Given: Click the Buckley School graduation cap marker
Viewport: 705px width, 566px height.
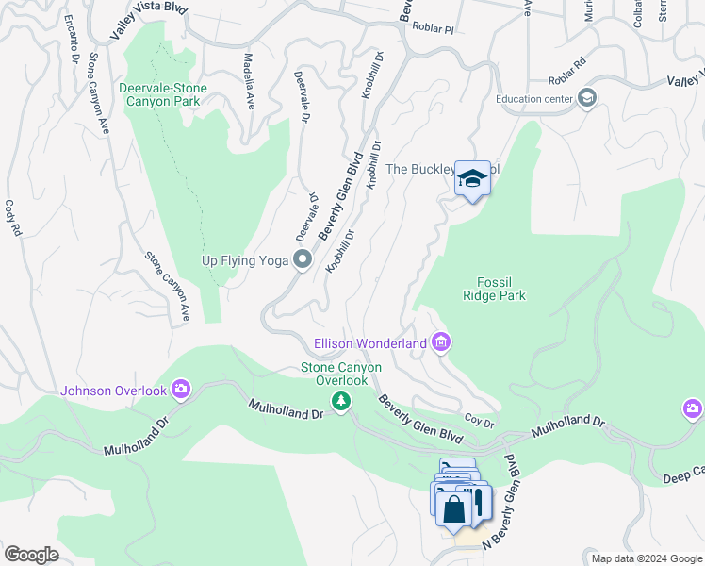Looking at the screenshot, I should click(x=472, y=178).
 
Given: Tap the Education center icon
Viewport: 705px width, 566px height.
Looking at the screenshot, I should click(x=587, y=98).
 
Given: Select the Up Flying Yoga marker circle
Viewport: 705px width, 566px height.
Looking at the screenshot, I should click(x=303, y=259).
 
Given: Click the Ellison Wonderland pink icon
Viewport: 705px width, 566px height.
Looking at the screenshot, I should click(x=441, y=343).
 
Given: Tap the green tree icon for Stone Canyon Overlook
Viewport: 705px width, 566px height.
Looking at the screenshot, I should click(x=340, y=403).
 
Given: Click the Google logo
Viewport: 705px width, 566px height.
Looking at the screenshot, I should click(x=31, y=555).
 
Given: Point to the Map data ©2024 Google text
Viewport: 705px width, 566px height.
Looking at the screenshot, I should click(x=646, y=558).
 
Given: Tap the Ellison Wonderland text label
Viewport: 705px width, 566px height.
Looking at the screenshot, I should click(x=370, y=343).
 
